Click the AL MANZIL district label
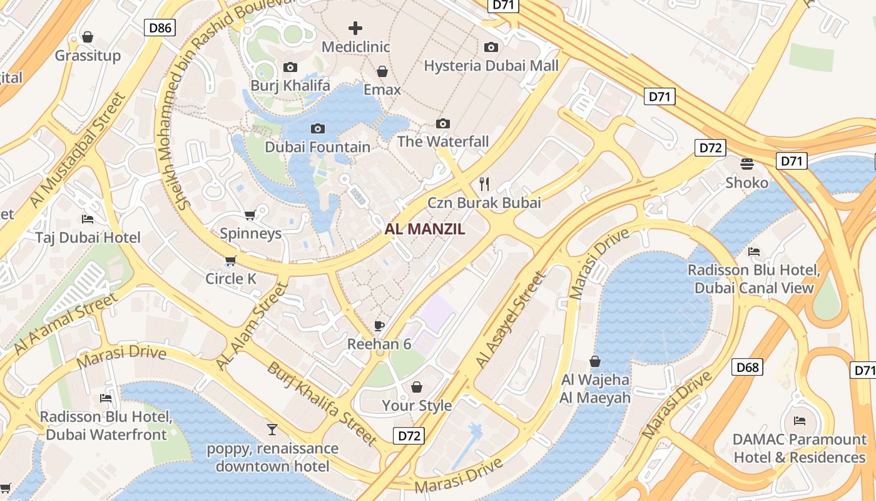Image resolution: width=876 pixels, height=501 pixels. pos(425,229)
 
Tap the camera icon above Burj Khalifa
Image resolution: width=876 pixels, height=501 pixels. pos(290,67)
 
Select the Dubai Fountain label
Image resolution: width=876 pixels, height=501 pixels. pos(317,147)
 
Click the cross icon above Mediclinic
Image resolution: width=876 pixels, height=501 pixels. pos(355,28)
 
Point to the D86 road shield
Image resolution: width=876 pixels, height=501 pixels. pos(160,27)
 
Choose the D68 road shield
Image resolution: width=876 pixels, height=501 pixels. pos(747,367)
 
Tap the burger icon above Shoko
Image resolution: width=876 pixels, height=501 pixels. pos(747,164)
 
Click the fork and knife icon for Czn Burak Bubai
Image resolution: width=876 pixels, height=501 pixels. pos(484,183)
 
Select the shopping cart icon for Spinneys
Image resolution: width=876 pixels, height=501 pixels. pos(250,215)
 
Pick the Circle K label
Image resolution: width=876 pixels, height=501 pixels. pos(231,279)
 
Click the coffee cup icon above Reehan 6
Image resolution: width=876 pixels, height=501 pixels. pos(379,325)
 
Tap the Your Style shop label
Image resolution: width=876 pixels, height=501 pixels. pos(417,405)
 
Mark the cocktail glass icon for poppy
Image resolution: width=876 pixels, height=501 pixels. pos(272,430)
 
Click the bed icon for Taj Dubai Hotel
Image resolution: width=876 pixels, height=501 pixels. pos(88,219)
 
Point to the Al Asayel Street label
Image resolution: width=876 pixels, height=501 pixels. pos(510,320)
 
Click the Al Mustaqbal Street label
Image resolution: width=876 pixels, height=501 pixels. pos(78,150)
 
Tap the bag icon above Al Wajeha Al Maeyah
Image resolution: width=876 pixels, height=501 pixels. pos(595,361)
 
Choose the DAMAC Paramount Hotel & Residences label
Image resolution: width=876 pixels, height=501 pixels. pos(799,448)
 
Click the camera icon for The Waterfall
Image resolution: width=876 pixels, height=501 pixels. pos(443,123)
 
